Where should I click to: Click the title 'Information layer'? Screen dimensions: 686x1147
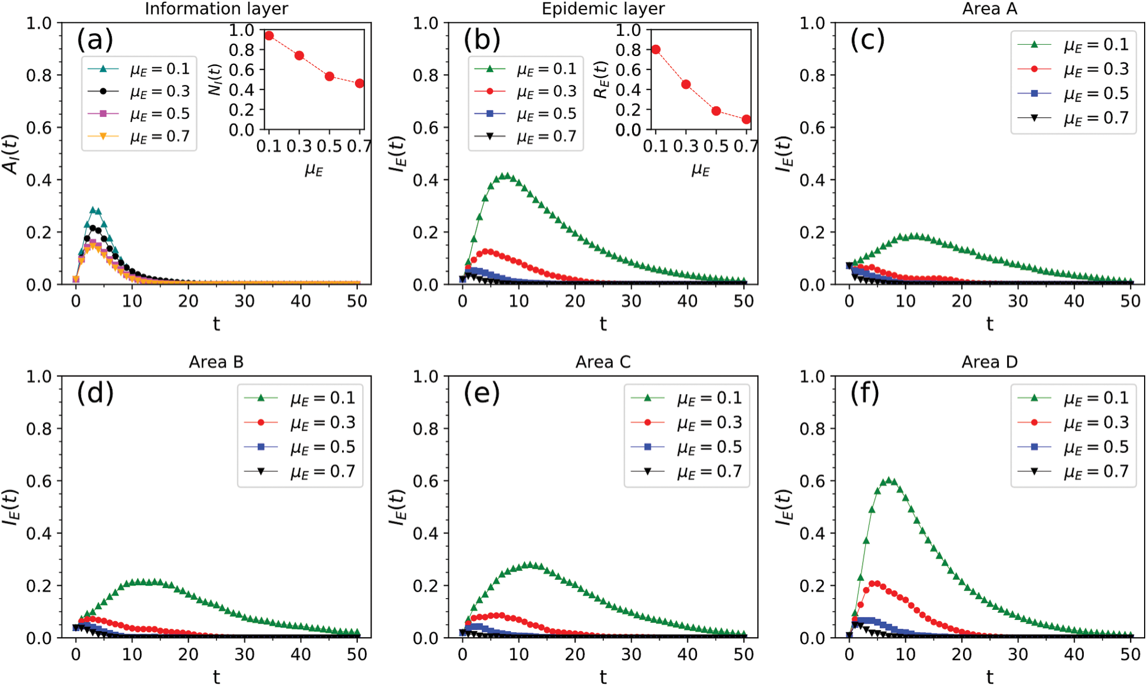pyautogui.click(x=216, y=9)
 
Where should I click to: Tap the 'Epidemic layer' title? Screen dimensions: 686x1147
pyautogui.click(x=603, y=9)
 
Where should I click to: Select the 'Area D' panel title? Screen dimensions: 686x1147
pyautogui.click(x=990, y=362)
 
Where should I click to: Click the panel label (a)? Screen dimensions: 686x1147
pyautogui.click(x=95, y=40)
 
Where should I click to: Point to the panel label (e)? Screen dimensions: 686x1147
pyautogui.click(x=482, y=393)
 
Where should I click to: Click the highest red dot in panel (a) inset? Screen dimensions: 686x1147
pyautogui.click(x=269, y=36)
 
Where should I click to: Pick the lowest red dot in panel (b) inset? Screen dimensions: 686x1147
pyautogui.click(x=747, y=119)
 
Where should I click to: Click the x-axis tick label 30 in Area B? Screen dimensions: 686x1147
pyautogui.click(x=245, y=654)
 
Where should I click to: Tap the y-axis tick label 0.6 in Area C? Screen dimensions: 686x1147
pyautogui.click(x=426, y=481)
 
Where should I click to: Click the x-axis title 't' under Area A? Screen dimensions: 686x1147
pyautogui.click(x=990, y=324)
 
